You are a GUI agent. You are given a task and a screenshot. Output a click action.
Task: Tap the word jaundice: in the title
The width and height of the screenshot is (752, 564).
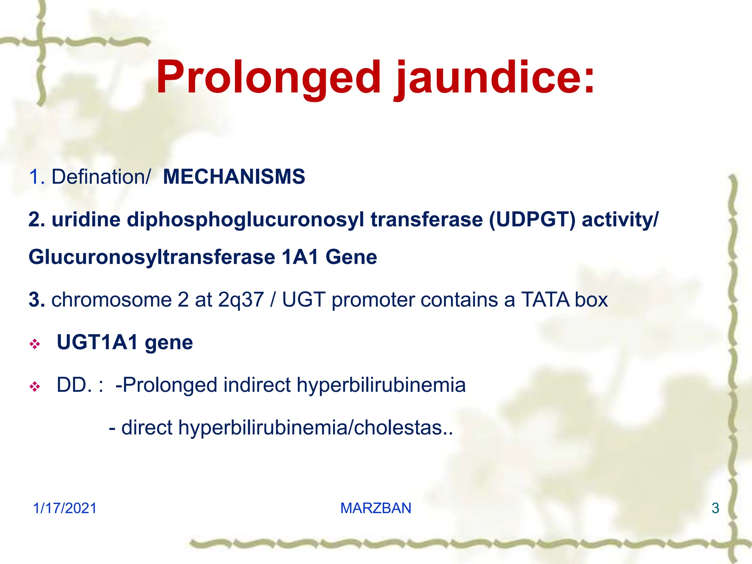coord(494,78)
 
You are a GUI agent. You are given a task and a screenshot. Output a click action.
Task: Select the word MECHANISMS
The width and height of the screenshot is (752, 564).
coord(234,177)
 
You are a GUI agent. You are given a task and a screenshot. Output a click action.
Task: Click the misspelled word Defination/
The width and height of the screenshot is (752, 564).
coord(101,177)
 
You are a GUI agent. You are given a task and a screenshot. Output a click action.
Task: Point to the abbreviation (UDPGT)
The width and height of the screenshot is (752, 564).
coord(532,220)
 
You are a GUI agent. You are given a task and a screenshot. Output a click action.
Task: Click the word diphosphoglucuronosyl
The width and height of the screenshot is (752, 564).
coord(245,220)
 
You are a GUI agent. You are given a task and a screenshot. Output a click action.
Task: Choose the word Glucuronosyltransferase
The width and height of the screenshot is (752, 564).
coord(152,257)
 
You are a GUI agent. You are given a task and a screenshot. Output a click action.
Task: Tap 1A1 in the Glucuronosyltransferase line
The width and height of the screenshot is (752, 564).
coord(300,257)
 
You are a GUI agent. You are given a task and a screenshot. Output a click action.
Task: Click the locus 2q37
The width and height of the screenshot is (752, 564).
coord(241,300)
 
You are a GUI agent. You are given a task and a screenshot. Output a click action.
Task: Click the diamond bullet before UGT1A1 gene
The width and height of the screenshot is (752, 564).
coord(35,344)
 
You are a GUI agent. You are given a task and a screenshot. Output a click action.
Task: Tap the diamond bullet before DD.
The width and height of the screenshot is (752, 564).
coord(35,387)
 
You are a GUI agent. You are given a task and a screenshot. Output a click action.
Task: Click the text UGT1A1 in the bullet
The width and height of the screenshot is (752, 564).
coord(97,342)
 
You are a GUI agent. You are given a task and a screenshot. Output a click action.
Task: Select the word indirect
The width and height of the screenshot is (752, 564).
coord(257,385)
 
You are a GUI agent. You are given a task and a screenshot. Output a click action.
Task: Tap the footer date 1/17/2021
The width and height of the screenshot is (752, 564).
coord(65,508)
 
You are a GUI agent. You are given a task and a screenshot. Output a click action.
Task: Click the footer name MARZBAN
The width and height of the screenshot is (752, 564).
coord(376,508)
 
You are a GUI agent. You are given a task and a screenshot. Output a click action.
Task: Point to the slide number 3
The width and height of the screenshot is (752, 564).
coord(715,508)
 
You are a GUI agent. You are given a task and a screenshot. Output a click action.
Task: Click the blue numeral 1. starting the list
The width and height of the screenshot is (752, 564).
coord(36,177)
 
